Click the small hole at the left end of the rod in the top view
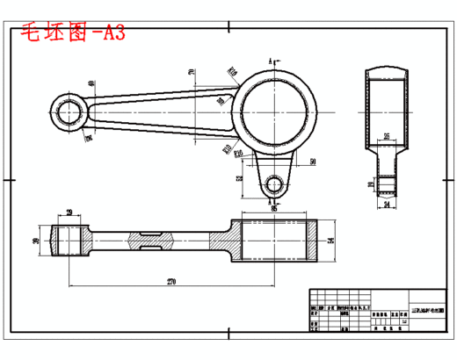tap(68, 112)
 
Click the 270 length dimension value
tap(171, 282)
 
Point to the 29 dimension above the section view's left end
tap(68, 212)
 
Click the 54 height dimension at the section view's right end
tap(330, 240)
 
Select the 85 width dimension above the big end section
tap(273, 209)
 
